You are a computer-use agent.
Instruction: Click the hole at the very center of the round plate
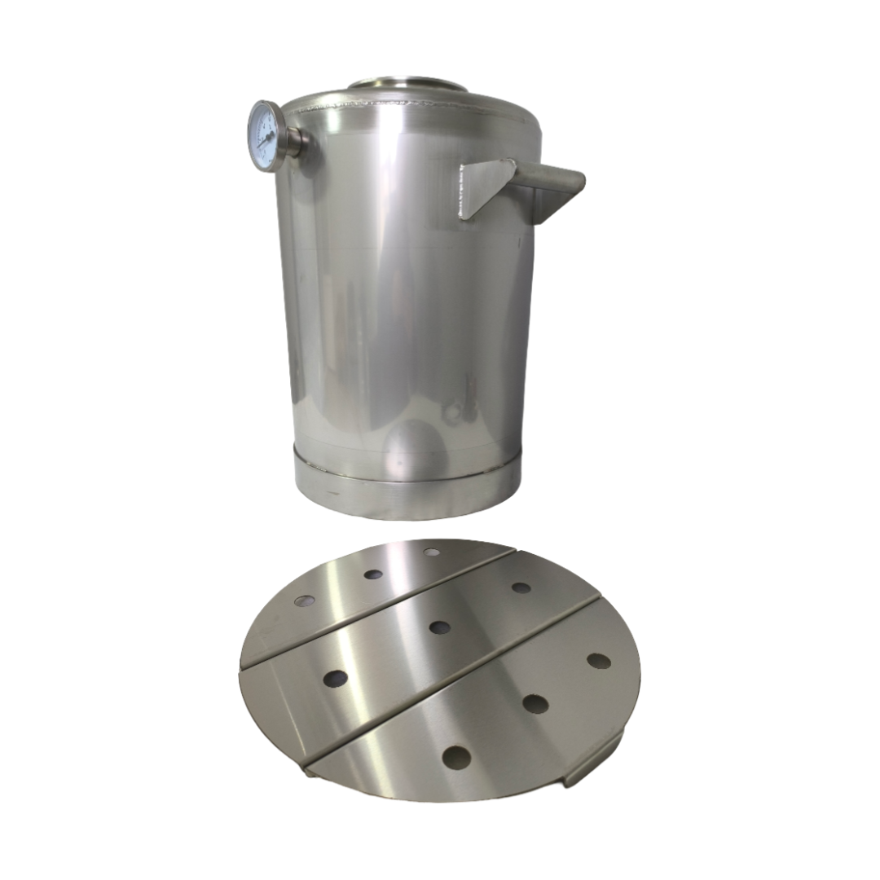click(x=440, y=627)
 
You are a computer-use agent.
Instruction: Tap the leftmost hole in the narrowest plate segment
click(x=305, y=601)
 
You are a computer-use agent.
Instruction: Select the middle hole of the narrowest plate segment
click(x=373, y=574)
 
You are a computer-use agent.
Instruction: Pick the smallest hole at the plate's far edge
click(x=432, y=552)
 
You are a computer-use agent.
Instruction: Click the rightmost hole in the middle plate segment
click(x=521, y=587)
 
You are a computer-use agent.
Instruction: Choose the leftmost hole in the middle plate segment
click(x=335, y=677)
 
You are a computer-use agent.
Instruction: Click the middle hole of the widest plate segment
click(x=535, y=702)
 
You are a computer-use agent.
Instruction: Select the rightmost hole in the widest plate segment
click(x=599, y=661)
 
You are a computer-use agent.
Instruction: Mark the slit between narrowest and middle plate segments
click(x=383, y=605)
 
